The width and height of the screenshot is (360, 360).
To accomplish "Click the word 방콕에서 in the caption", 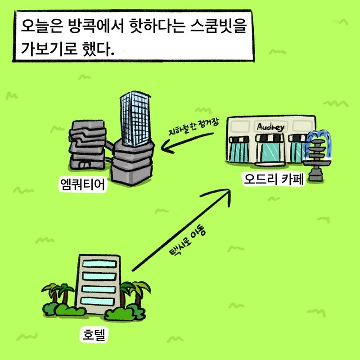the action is click(96, 26).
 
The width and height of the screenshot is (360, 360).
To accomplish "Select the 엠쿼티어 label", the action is click(83, 184).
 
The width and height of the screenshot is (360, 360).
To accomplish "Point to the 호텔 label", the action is click(94, 334).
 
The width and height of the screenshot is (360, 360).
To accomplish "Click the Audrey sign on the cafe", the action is click(271, 127).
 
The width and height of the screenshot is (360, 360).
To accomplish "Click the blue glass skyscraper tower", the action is click(135, 118).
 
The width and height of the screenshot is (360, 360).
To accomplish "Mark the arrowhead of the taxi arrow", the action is click(224, 195).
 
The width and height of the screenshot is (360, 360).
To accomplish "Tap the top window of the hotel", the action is click(99, 264).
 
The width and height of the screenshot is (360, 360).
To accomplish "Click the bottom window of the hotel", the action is click(98, 301).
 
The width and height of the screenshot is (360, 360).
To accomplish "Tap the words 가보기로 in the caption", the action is click(49, 49).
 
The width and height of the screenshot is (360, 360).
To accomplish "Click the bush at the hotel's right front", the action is click(125, 313).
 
